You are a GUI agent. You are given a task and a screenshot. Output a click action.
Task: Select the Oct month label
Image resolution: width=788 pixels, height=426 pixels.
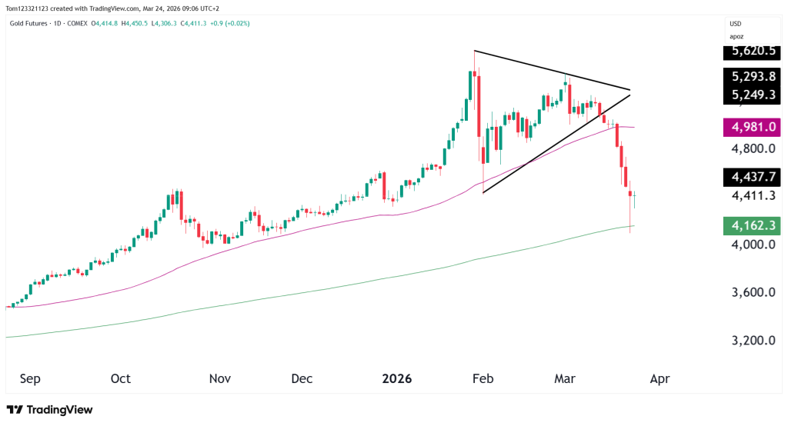[x=121, y=379]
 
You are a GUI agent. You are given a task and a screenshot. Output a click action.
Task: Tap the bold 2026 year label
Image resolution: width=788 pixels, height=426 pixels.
[x=397, y=379]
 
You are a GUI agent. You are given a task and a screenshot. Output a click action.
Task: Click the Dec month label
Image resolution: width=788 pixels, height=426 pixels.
[x=302, y=379]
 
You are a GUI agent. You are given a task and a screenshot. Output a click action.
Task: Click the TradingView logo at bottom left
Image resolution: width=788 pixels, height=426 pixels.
[x=49, y=410]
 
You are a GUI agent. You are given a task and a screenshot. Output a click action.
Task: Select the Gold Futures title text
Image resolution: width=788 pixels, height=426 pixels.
[x=28, y=23]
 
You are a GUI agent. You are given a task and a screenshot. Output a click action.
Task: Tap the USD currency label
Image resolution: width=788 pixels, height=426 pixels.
[x=736, y=24]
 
